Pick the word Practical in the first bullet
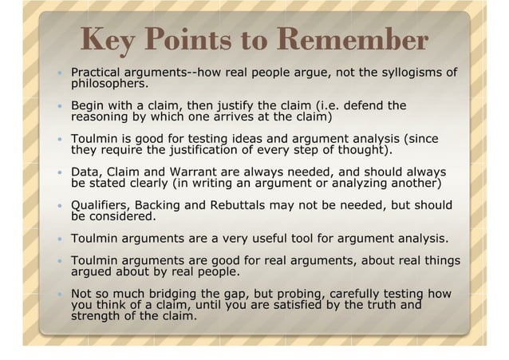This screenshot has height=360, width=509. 97,73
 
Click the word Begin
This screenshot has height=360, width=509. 88,105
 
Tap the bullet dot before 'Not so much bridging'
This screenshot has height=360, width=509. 59,295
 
